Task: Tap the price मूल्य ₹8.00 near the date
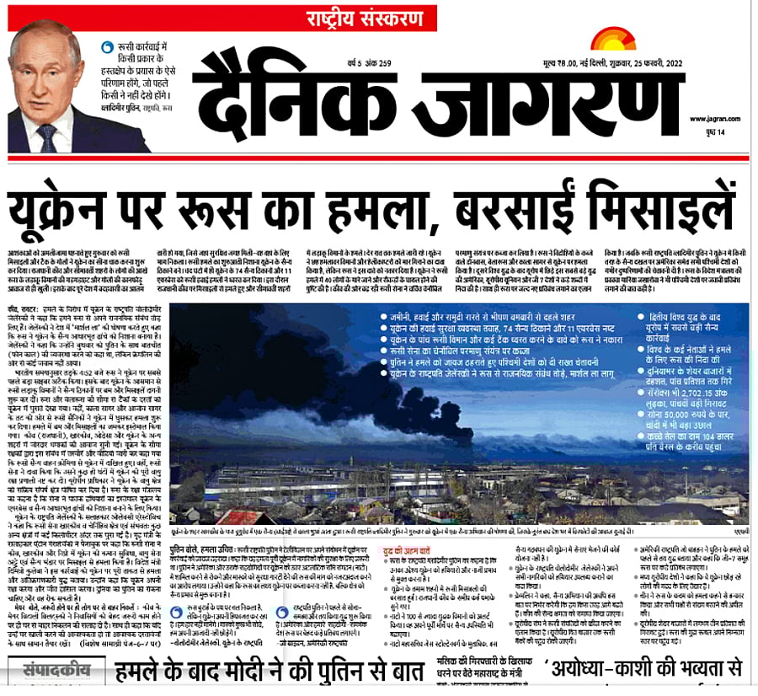pos(607,61)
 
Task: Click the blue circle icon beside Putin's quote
pos(105,48)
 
